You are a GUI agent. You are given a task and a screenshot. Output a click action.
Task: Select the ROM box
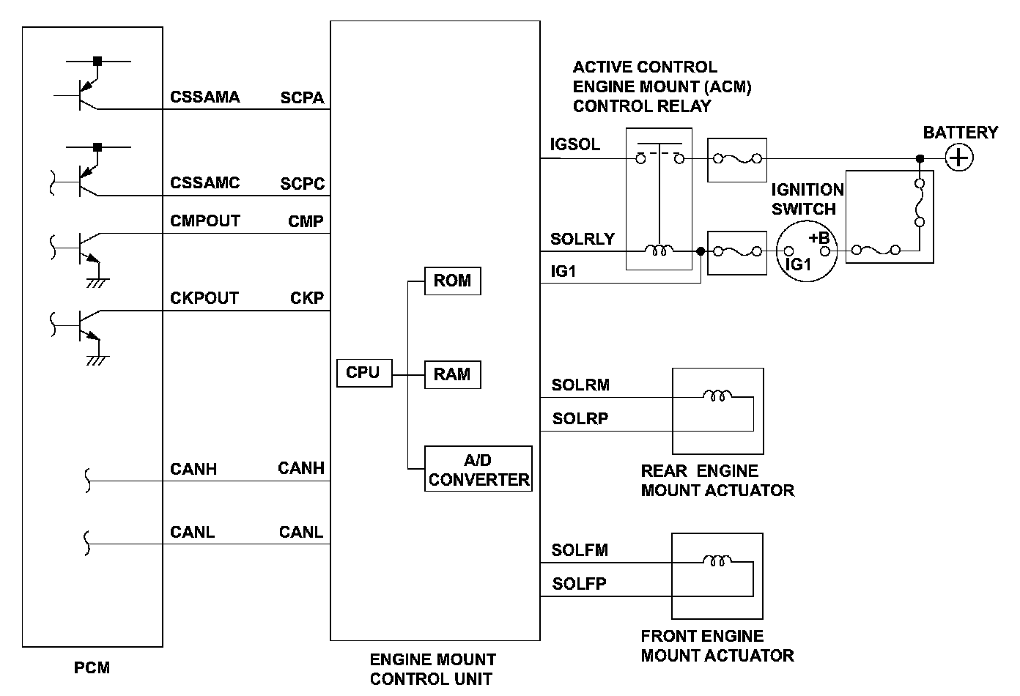[452, 281]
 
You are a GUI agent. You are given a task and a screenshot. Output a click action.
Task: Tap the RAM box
[452, 374]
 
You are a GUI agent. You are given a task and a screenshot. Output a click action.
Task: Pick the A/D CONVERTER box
[478, 470]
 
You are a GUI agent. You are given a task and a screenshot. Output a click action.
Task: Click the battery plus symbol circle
[958, 158]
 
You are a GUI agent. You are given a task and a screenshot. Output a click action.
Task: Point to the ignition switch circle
[806, 251]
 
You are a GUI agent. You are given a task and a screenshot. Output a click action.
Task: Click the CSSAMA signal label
[204, 97]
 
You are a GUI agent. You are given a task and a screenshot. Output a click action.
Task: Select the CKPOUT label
[204, 298]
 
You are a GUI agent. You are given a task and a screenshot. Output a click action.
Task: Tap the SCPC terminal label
[302, 184]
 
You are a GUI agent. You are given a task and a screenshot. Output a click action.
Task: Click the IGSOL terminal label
[575, 144]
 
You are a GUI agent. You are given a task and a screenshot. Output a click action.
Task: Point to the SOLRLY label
[583, 240]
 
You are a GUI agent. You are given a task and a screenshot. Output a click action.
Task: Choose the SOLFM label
[580, 550]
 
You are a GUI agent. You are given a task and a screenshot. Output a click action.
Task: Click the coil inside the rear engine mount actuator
[717, 396]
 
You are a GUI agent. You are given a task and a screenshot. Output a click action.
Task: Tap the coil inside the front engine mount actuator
[717, 562]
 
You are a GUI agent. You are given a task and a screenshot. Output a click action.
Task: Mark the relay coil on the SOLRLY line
[659, 251]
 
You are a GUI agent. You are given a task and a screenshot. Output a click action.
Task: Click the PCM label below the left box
[92, 667]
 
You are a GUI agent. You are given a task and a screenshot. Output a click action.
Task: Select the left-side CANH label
[193, 469]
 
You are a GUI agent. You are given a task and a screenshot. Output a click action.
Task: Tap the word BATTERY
[960, 133]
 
